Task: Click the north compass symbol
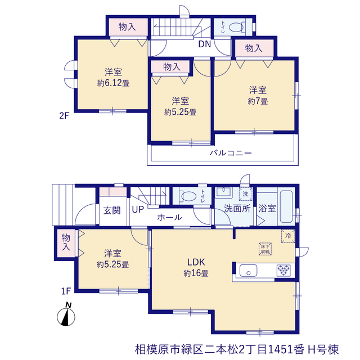pyautogui.click(x=66, y=315)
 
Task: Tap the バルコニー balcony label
pyautogui.click(x=231, y=153)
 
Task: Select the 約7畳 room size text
pyautogui.click(x=258, y=101)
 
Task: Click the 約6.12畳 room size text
pyautogui.click(x=113, y=83)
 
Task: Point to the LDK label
pyautogui.click(x=196, y=262)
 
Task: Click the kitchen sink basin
pyautogui.click(x=248, y=270)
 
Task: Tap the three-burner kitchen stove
pyautogui.click(x=283, y=270)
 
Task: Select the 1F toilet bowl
pyautogui.click(x=189, y=196)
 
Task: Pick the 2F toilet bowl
pyautogui.click(x=236, y=28)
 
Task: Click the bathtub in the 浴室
pyautogui.click(x=286, y=206)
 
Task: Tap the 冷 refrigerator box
pyautogui.click(x=288, y=236)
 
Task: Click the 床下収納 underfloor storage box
pyautogui.click(x=265, y=249)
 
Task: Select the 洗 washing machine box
pyautogui.click(x=245, y=194)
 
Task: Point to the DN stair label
pyautogui.click(x=205, y=44)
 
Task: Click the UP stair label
pyautogui.click(x=138, y=209)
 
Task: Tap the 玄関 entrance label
pyautogui.click(x=112, y=210)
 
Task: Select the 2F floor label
pyautogui.click(x=64, y=116)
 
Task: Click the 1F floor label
pyautogui.click(x=66, y=291)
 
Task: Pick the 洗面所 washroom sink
pyautogui.click(x=224, y=192)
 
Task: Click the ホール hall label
pyautogui.click(x=170, y=217)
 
